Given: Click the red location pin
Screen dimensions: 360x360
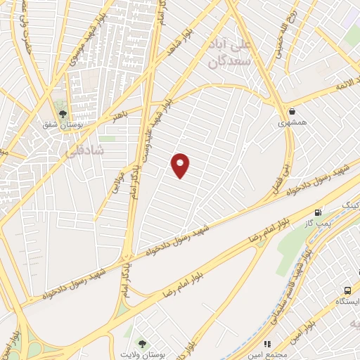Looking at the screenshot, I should tap(181, 165).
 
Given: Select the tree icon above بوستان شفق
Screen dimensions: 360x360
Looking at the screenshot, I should tap(63, 113).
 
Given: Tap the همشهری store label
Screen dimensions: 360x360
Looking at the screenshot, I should tap(292, 122).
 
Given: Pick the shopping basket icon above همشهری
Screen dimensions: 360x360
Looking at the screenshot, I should tap(291, 111).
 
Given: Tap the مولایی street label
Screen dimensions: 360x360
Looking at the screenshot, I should tap(117, 182).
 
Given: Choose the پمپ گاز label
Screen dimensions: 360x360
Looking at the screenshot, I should tap(318, 223).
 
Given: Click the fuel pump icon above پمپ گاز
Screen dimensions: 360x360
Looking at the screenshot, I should tap(319, 212).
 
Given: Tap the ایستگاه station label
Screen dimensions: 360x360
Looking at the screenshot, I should tap(347, 302).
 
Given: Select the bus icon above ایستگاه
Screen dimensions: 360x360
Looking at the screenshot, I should tap(347, 290).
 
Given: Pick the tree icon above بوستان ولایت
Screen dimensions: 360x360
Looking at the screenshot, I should tap(143, 345).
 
